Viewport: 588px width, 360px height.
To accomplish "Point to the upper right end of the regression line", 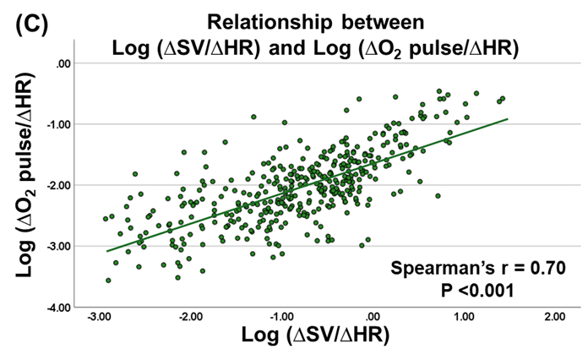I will coord(507,119).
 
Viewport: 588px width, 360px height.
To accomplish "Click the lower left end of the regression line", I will coord(106,250).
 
